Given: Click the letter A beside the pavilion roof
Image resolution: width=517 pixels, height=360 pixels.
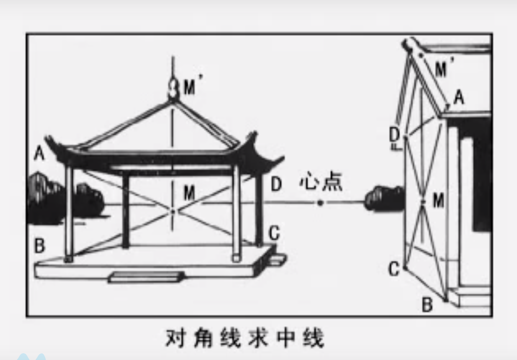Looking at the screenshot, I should pyautogui.click(x=39, y=154).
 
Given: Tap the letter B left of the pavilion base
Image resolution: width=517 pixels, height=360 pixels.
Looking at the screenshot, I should pyautogui.click(x=39, y=245).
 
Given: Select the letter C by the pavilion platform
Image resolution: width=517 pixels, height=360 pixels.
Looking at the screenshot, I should pyautogui.click(x=274, y=234).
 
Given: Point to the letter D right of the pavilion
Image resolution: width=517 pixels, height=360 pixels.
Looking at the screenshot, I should pyautogui.click(x=275, y=184).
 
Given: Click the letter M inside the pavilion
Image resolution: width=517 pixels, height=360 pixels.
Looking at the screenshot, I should pyautogui.click(x=189, y=193).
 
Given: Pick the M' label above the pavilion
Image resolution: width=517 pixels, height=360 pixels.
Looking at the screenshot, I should pyautogui.click(x=191, y=88).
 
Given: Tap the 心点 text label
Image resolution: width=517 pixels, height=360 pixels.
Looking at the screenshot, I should pyautogui.click(x=321, y=182).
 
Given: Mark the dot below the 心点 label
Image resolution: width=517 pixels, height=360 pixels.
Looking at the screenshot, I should pyautogui.click(x=320, y=203).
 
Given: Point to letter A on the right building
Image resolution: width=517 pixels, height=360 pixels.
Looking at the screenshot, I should pyautogui.click(x=458, y=98).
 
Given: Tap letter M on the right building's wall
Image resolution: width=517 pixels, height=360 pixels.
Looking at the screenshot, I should pyautogui.click(x=438, y=200).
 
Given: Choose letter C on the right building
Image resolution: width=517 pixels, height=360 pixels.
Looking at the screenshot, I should pyautogui.click(x=394, y=268).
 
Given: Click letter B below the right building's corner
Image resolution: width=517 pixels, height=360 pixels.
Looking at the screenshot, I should pyautogui.click(x=427, y=305).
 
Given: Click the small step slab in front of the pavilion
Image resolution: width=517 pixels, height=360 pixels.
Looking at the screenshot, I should pyautogui.click(x=145, y=277).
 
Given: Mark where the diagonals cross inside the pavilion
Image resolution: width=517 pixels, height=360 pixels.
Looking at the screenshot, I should pyautogui.click(x=173, y=211).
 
